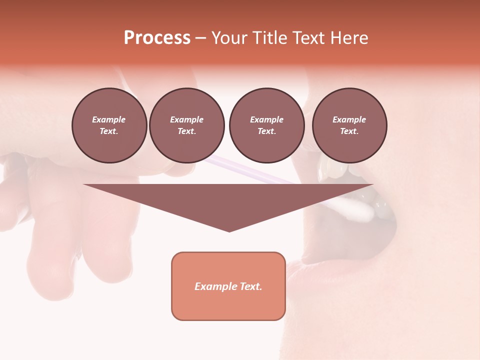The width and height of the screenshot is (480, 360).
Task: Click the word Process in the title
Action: [x=157, y=37]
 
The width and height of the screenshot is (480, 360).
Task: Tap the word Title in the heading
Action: [x=268, y=37]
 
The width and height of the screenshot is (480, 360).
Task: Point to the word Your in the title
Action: [x=230, y=37]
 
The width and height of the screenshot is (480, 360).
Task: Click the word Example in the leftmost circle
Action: [x=109, y=119]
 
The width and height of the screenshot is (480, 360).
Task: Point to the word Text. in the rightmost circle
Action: [x=349, y=131]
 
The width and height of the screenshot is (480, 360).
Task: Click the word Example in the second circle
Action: [x=187, y=119]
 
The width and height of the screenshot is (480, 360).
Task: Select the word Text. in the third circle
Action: [x=266, y=131]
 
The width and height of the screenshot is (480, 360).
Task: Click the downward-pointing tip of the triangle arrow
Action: [x=229, y=230]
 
